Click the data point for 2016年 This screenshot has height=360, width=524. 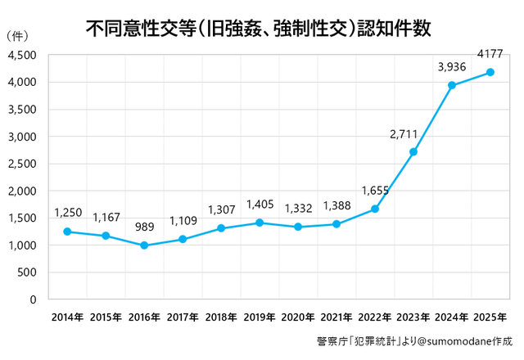(144, 245)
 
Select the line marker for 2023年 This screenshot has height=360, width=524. (413, 152)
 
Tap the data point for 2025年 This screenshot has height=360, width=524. (490, 72)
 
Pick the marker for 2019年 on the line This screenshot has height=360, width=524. (259, 223)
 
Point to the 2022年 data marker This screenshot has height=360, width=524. (375, 209)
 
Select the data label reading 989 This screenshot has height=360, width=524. (144, 227)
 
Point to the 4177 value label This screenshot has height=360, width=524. (490, 54)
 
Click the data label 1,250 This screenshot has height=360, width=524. (68, 213)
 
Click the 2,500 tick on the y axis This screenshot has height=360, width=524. (22, 164)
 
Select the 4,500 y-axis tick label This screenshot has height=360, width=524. (22, 55)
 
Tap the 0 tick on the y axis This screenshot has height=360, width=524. (33, 299)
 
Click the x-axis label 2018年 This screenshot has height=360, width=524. (220, 316)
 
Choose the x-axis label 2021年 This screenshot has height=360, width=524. (336, 316)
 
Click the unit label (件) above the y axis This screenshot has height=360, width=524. (17, 37)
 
